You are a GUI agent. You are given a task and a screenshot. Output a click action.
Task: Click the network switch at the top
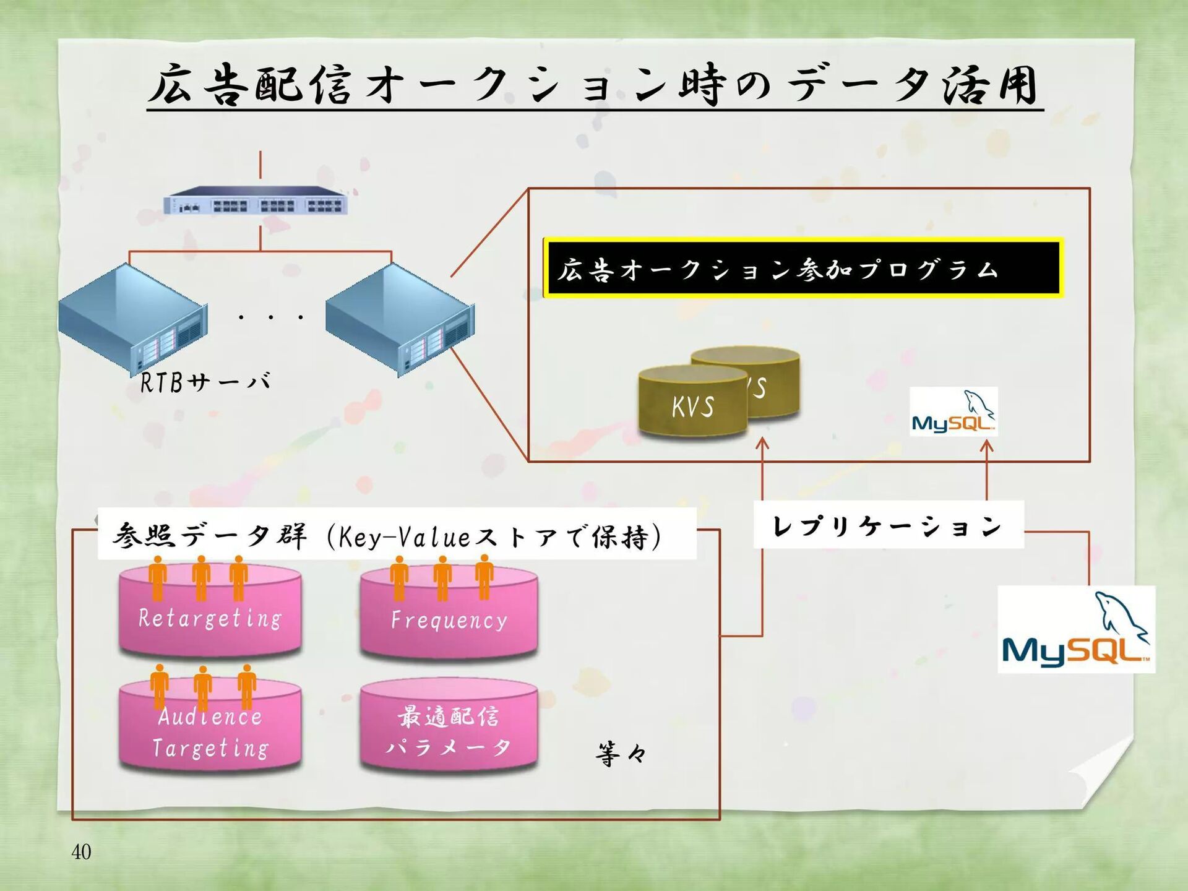[x=255, y=200]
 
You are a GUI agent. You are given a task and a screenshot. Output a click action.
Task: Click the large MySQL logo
[x=1076, y=630]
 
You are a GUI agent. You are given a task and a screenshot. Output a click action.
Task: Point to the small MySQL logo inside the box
[x=953, y=412]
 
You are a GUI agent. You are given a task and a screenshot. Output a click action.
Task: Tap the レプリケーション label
[x=888, y=526]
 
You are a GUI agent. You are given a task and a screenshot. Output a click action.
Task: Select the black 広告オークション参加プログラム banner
[x=803, y=269]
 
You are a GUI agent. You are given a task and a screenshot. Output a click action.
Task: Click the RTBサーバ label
[x=205, y=382]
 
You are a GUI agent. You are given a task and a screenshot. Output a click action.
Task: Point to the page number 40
[x=81, y=852]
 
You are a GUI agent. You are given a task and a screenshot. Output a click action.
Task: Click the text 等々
[x=621, y=754]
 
